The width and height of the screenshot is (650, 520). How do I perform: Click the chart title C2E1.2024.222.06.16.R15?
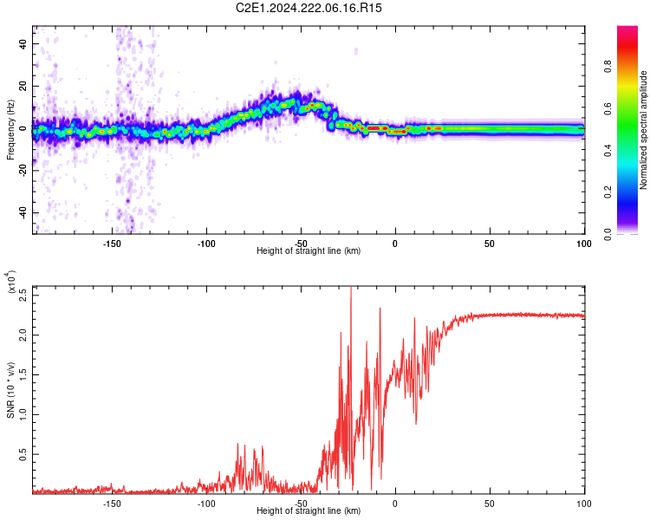point(309,8)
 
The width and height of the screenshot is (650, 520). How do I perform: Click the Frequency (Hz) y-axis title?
point(11,130)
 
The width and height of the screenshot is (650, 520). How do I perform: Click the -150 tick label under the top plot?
point(112,243)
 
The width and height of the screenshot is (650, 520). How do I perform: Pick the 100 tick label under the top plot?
point(583,243)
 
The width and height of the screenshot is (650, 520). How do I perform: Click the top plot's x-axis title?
point(309,251)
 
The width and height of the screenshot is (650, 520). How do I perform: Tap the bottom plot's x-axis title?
point(309,511)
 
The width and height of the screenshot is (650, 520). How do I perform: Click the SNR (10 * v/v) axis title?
point(11,389)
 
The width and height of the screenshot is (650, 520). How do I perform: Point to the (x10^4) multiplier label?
point(11,283)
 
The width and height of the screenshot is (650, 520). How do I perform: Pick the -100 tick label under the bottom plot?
point(206,503)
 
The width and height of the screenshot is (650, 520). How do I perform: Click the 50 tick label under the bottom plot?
point(490,503)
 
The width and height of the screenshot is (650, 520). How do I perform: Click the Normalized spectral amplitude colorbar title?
point(644,130)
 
